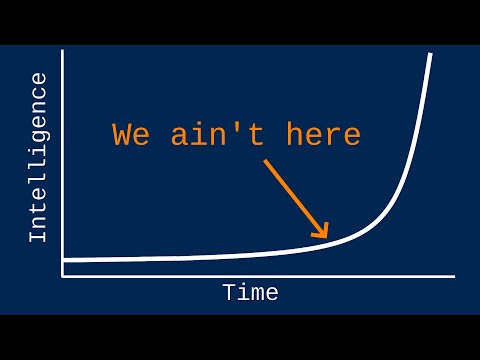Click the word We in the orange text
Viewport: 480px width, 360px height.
pyautogui.click(x=131, y=134)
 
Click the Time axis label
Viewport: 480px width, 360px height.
pyautogui.click(x=250, y=293)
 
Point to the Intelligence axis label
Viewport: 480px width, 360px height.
pyautogui.click(x=38, y=157)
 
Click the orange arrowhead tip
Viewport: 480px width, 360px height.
pyautogui.click(x=328, y=238)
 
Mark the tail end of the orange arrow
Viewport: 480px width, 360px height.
pyautogui.click(x=265, y=160)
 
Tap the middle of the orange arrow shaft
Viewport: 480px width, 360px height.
pyautogui.click(x=295, y=197)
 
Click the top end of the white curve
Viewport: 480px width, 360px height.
pyautogui.click(x=431, y=53)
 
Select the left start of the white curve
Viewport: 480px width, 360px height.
pyautogui.click(x=63, y=260)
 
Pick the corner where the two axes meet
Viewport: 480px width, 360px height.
pyautogui.click(x=62, y=276)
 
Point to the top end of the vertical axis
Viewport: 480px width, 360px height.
pyautogui.click(x=62, y=50)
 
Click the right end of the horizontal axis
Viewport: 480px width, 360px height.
pyautogui.click(x=454, y=276)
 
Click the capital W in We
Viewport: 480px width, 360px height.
pyautogui.click(x=122, y=134)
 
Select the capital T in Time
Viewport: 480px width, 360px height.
pyautogui.click(x=229, y=293)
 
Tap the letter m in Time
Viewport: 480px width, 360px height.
pyautogui.click(x=257, y=294)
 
